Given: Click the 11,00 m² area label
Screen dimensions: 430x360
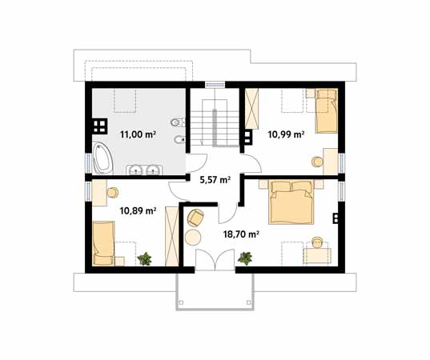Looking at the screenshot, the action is (x=138, y=134).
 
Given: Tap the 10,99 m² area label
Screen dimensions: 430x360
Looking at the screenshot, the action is (x=286, y=134).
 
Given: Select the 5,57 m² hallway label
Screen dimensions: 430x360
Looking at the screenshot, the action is (x=215, y=180).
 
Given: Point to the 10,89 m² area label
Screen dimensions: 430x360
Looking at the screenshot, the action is (x=138, y=210).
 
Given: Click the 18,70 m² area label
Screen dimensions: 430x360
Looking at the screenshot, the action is (x=241, y=234).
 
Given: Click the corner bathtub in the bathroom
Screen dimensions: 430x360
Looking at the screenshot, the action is (x=102, y=158).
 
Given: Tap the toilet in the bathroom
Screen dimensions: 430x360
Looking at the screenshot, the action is (x=178, y=122).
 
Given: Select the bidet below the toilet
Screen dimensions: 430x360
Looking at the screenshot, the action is (x=179, y=140).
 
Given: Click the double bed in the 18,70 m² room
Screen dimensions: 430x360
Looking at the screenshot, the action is (x=291, y=202).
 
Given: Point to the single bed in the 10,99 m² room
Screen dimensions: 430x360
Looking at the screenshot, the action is (x=327, y=111).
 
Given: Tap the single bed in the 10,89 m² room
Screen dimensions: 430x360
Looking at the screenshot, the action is (x=103, y=243).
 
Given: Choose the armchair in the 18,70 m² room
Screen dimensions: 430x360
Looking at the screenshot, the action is (x=195, y=218).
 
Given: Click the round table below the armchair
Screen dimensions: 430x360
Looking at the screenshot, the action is (x=193, y=238).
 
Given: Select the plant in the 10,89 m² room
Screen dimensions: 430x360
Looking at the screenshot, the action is (x=144, y=258).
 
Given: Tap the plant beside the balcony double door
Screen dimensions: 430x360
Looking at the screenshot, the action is (x=245, y=258).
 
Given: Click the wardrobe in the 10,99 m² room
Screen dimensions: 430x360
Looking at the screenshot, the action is (x=251, y=109).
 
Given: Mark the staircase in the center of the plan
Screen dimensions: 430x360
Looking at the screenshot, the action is (x=215, y=124).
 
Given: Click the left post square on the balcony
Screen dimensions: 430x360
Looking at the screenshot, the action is (x=181, y=302).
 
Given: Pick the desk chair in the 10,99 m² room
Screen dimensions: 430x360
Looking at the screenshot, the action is (x=318, y=162).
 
